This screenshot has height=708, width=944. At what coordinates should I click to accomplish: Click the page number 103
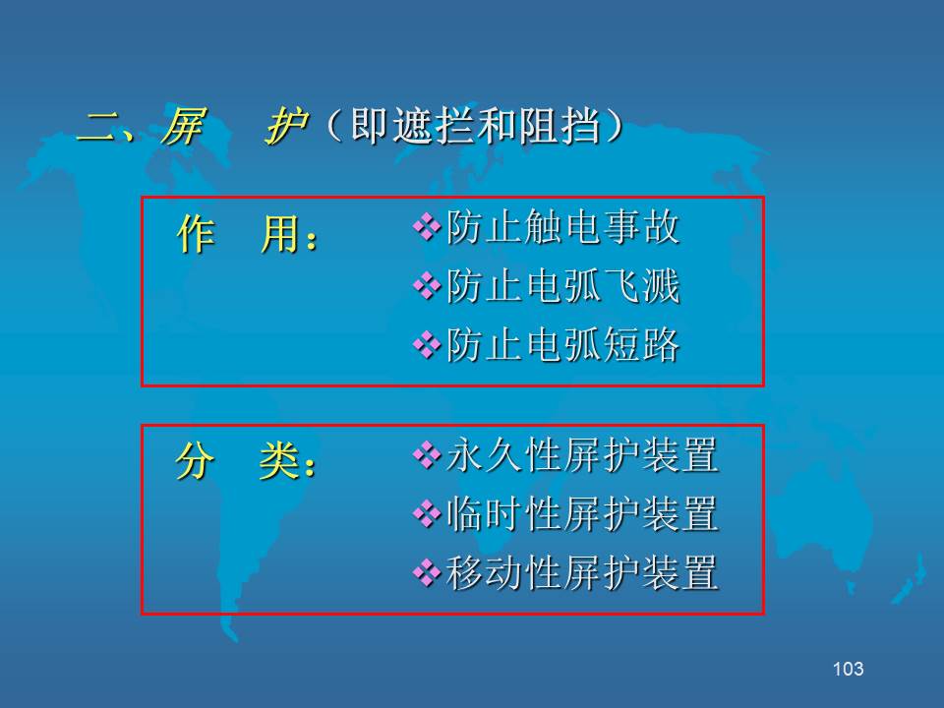coord(849,669)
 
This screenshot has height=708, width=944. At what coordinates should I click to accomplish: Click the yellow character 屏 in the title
coord(183,127)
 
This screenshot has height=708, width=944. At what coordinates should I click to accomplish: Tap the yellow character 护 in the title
coord(286,127)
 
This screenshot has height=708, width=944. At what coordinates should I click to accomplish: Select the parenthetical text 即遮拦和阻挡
coord(476,127)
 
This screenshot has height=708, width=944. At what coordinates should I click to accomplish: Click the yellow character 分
coord(195,461)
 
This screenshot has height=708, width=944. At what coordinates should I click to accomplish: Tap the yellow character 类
coord(278,461)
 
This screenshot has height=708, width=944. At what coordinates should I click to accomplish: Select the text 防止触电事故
coord(562,227)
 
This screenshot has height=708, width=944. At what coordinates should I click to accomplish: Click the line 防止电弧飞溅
coord(562,286)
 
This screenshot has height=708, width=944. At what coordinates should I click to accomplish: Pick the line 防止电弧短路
coord(562,345)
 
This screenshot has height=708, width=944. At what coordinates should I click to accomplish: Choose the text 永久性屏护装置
coord(582,455)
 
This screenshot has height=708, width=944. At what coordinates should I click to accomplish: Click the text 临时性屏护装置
coord(582,514)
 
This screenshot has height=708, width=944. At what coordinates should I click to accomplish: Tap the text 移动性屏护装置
coord(582,572)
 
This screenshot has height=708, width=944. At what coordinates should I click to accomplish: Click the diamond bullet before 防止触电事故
coord(427,227)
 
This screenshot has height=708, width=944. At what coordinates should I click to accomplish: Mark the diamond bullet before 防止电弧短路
coord(427,345)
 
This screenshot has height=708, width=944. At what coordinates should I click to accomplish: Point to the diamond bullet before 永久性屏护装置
coord(427,455)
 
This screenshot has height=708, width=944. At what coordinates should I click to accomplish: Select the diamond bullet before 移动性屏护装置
coord(427,572)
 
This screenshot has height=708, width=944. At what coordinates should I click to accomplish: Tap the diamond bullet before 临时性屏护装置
coord(427,514)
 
